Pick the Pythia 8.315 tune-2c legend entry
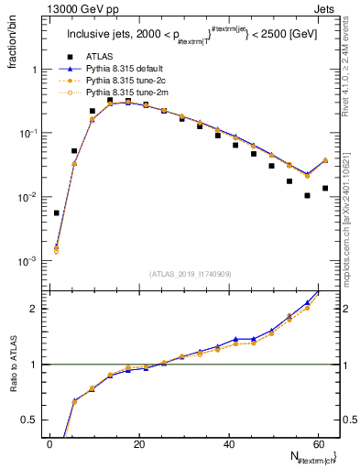pos(124,81)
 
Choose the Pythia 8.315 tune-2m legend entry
pos(124,93)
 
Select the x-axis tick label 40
pos(229,444)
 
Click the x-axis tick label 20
pos(139,444)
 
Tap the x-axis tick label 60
pos(318,444)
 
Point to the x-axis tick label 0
pos(49,444)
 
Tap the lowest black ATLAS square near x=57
pos(308,195)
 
